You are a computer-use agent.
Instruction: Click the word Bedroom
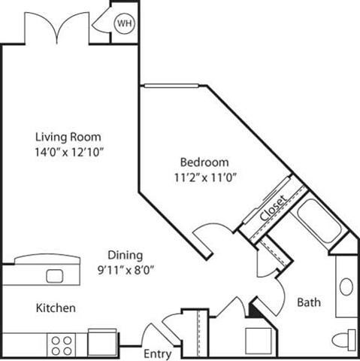(204, 162)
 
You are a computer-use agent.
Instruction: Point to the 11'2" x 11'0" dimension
(204, 177)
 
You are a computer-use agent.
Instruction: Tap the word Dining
(124, 255)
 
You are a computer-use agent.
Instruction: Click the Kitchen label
(56, 308)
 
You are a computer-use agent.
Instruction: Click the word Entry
(157, 353)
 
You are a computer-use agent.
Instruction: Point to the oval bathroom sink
(346, 287)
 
